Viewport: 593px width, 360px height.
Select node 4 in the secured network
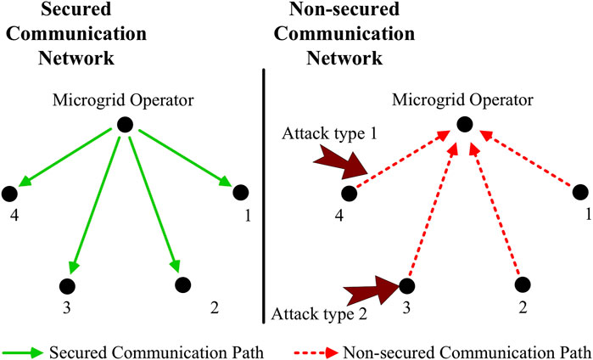pos(11,193)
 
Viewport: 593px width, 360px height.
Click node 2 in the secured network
pos(180,284)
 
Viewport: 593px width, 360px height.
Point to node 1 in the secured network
pos(239,193)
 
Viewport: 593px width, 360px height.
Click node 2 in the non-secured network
pos(522,284)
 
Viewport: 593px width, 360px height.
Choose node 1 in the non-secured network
pos(579,193)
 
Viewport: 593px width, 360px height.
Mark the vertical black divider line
pos(266,195)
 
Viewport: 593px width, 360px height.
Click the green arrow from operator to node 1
pos(182,158)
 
